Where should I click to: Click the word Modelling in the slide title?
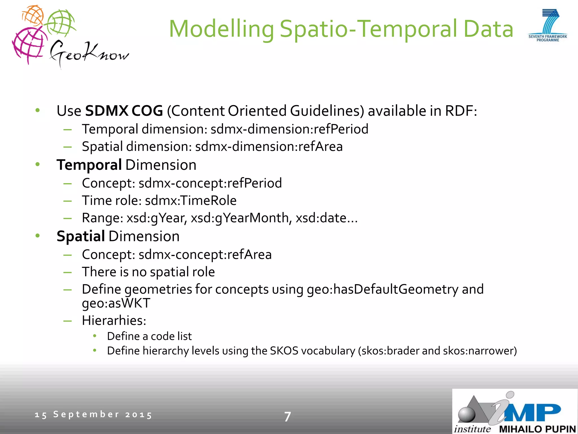coord(222,29)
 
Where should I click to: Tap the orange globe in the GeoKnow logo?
coord(33,16)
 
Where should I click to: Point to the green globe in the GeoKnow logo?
coord(60,22)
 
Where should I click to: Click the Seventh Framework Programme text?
coord(548,38)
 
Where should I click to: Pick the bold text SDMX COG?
coord(124,111)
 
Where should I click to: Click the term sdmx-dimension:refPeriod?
coord(289,129)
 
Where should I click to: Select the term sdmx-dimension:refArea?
coord(269,147)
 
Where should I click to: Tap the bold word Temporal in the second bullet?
coord(89,165)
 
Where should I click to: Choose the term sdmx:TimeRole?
coord(191,201)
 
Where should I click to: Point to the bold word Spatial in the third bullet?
coord(81,236)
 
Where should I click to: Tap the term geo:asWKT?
coord(116,303)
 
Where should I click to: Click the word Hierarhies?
coord(114,321)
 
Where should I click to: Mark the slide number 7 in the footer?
coord(287,416)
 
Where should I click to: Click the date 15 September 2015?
coord(93,415)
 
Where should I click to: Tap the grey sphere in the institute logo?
coord(467,414)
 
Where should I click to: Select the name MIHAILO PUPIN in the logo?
coord(537,429)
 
